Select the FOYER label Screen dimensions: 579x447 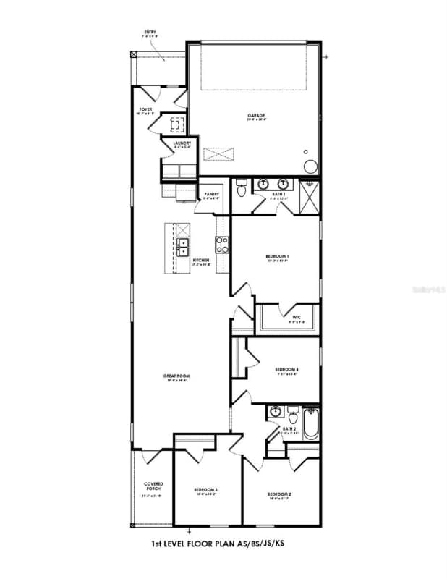(x=146, y=110)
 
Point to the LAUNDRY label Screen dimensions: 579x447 (x=182, y=143)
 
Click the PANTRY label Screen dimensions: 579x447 (x=212, y=194)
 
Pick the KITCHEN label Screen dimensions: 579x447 (x=201, y=260)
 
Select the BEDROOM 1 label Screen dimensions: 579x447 (x=277, y=257)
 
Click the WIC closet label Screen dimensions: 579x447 (x=297, y=317)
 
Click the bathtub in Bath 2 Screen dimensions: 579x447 (x=310, y=425)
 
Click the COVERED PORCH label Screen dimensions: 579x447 (x=153, y=486)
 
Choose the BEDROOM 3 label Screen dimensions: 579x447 (x=206, y=491)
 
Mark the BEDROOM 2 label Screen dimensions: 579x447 (x=279, y=494)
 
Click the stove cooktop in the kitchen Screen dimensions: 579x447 (x=222, y=245)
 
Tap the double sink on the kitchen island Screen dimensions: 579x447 (x=184, y=248)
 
